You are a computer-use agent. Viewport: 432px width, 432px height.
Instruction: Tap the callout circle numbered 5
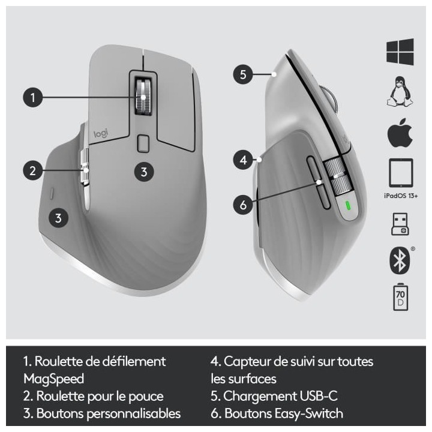243,75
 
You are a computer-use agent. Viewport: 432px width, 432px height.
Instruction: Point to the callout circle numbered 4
243,160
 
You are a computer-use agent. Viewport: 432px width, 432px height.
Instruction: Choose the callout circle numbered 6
243,205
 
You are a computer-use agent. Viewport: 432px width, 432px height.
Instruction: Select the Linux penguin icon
400,93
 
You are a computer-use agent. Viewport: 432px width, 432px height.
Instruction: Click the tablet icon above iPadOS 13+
400,173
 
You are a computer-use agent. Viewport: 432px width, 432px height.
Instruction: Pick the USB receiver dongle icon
400,224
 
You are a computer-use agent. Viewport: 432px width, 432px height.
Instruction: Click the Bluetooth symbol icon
399,261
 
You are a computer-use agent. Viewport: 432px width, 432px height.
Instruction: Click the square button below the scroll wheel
143,143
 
